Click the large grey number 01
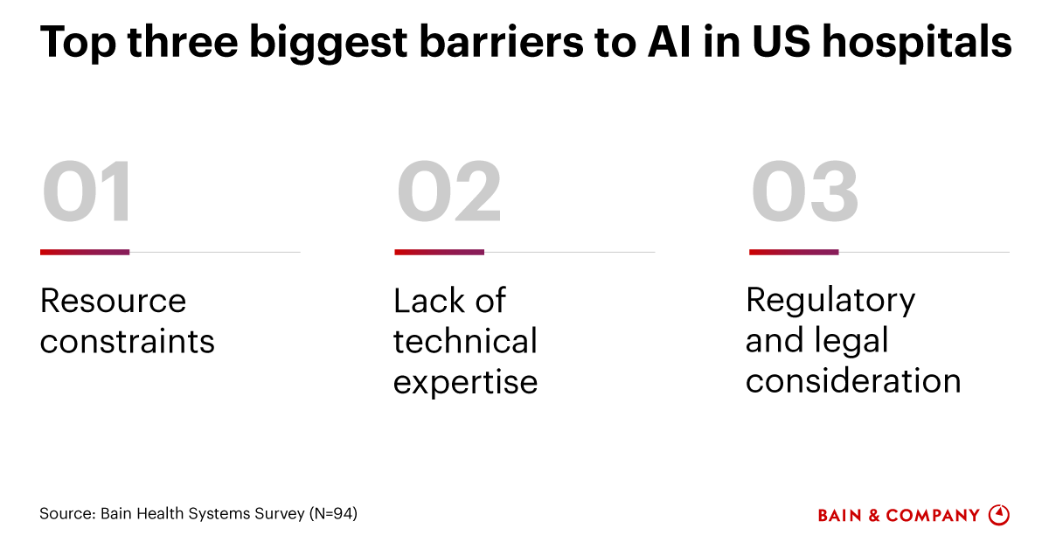[87, 192]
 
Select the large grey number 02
[449, 192]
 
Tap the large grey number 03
[805, 192]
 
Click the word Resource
[113, 302]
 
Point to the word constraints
[127, 342]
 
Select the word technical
[465, 342]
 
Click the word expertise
[465, 383]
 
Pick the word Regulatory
[830, 301]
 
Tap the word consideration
[853, 381]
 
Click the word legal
[852, 341]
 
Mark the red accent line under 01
[85, 252]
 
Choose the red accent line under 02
[439, 252]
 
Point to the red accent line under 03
[794, 252]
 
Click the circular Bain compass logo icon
[998, 515]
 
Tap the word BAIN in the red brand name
[839, 516]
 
